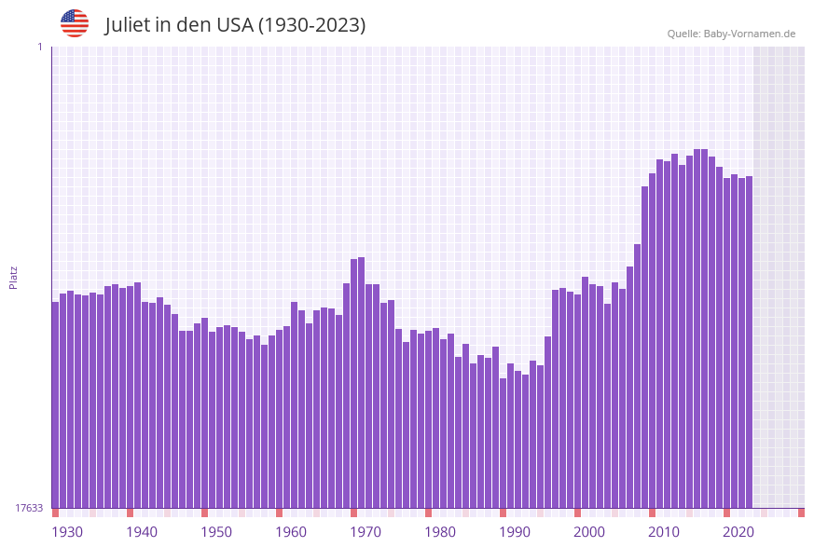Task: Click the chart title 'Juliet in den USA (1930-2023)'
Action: [235, 25]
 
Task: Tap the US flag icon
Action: [75, 23]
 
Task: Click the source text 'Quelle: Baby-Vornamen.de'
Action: [731, 34]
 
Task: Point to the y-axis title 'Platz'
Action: [14, 277]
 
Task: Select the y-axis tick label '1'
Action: [39, 47]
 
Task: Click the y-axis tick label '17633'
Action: [29, 508]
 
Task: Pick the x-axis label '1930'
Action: [67, 532]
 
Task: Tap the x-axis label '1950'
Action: [216, 532]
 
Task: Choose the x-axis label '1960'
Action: [291, 532]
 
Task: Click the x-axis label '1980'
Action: [440, 532]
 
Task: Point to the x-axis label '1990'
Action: [515, 532]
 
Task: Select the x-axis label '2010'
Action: [664, 532]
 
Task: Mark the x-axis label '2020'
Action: [738, 532]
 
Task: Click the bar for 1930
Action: [55, 404]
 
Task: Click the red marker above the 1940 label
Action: [130, 513]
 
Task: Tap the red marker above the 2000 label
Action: [577, 513]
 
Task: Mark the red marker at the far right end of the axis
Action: [801, 513]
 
